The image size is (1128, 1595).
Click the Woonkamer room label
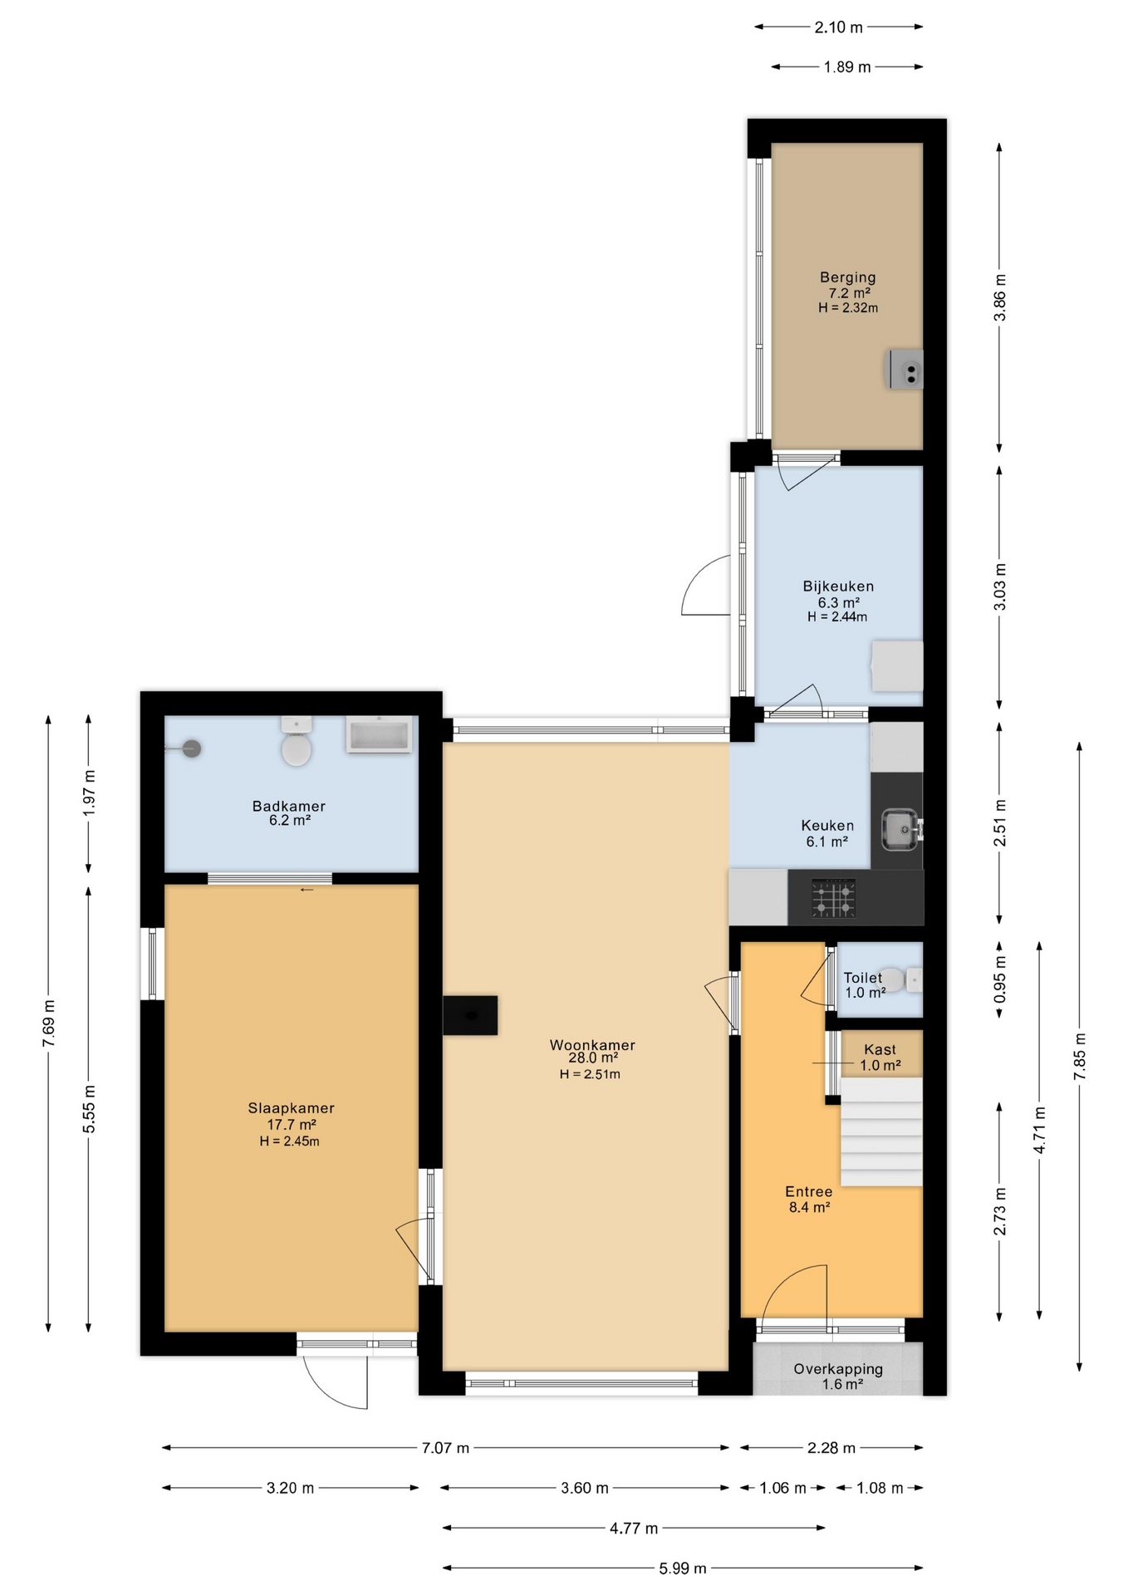[591, 1045]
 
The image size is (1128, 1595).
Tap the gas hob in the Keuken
[833, 899]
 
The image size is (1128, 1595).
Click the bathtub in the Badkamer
[380, 735]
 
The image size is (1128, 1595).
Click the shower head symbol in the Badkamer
[192, 748]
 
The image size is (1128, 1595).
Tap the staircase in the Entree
[881, 1131]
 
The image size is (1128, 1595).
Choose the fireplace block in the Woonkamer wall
[470, 1015]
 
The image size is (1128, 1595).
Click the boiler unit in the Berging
[905, 371]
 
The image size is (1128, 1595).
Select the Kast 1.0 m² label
[880, 1058]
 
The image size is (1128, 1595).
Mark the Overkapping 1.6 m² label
[837, 1377]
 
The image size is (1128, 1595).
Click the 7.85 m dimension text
[1080, 1057]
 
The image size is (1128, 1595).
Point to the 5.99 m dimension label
[683, 1568]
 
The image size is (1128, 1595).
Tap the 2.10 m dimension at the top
[838, 27]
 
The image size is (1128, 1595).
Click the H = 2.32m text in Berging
[847, 308]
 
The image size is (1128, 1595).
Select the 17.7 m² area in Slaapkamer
[291, 1125]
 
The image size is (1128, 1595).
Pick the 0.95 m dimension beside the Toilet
[1000, 979]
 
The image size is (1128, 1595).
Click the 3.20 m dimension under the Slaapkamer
[290, 1488]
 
